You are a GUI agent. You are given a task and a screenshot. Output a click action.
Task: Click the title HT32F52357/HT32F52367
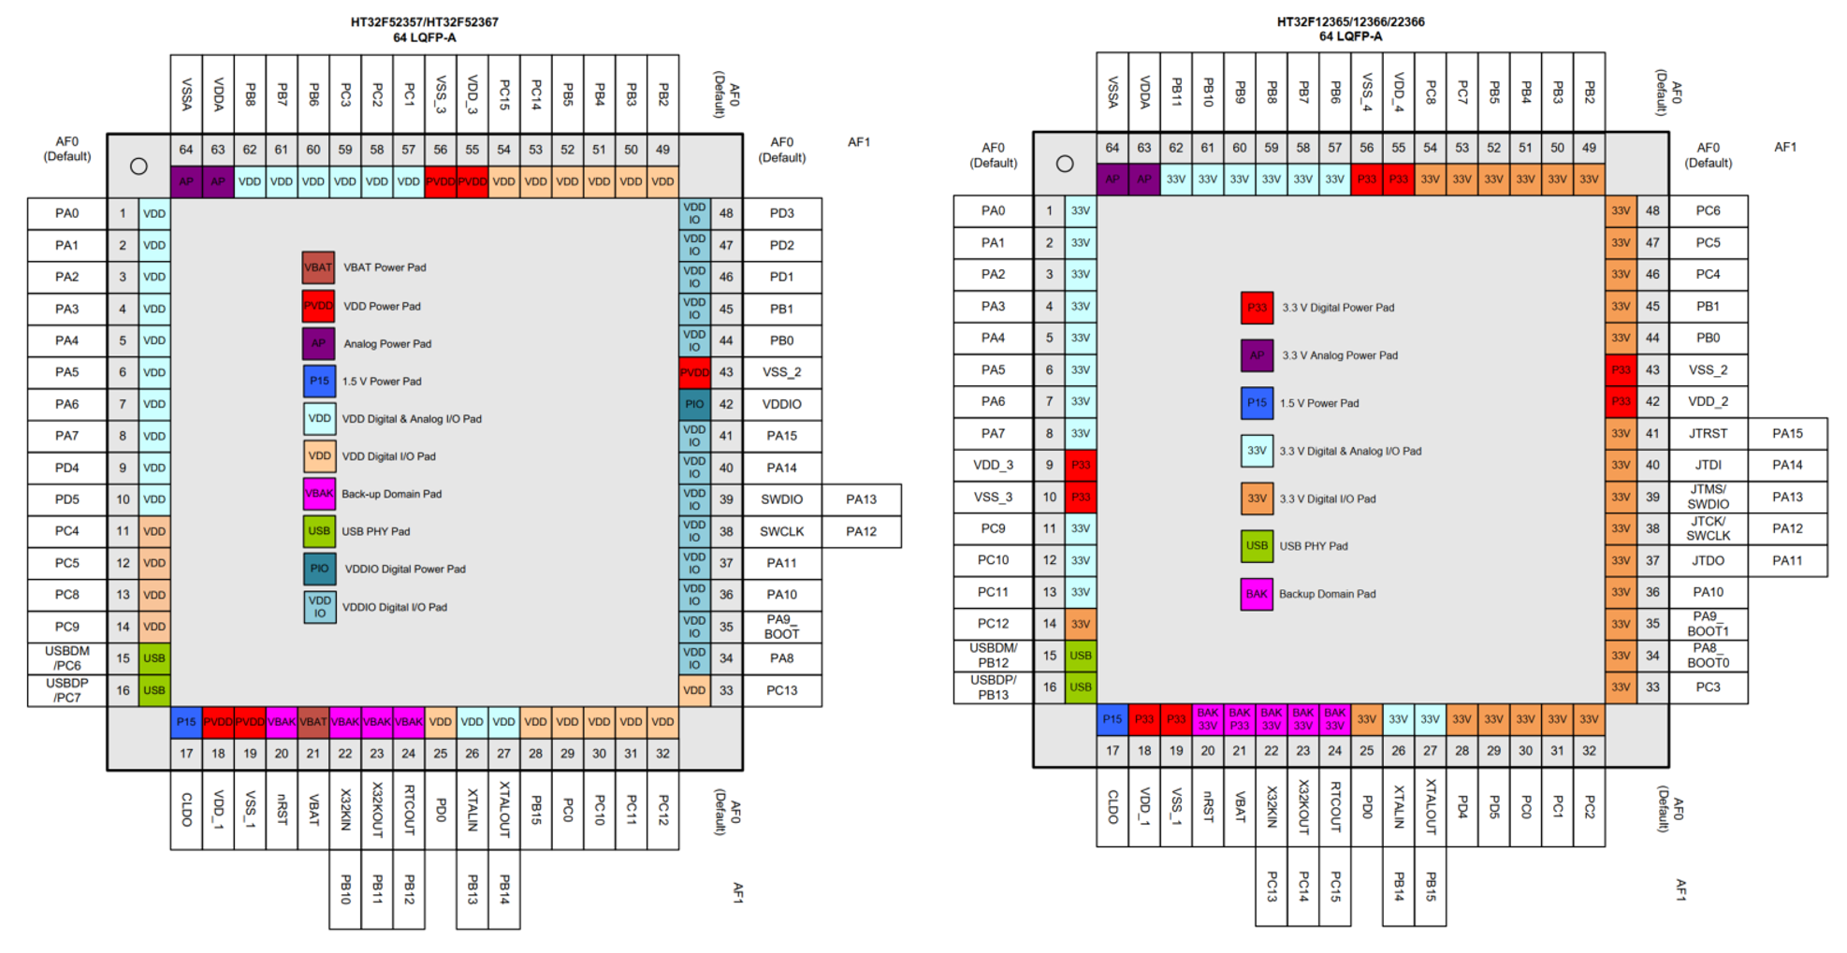click(x=424, y=22)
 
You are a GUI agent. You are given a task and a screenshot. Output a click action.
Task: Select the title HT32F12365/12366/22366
click(x=1350, y=22)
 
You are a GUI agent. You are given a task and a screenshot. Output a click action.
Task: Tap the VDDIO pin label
click(x=781, y=404)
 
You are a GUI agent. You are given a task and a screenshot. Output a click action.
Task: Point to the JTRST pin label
click(x=1708, y=433)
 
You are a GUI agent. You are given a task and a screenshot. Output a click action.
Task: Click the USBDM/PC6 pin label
click(x=67, y=658)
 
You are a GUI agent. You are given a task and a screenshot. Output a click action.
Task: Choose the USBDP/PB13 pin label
click(x=993, y=687)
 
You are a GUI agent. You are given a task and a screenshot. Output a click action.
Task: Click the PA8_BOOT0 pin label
click(x=1708, y=656)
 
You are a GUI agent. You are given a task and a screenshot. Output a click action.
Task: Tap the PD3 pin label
click(x=781, y=213)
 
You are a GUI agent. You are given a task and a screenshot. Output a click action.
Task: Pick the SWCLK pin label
click(x=781, y=531)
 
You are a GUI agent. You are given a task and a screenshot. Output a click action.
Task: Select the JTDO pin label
click(x=1708, y=560)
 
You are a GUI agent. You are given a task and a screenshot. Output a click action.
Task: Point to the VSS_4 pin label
click(x=1366, y=93)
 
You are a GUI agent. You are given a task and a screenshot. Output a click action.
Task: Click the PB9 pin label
click(x=1240, y=93)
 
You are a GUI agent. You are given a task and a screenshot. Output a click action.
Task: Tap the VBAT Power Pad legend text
click(x=385, y=267)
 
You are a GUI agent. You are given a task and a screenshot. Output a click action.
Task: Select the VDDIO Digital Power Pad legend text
click(x=405, y=569)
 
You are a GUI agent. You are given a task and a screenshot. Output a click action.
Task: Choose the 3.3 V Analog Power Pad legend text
click(x=1340, y=355)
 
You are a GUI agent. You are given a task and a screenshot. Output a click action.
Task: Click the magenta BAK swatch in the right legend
click(x=1257, y=594)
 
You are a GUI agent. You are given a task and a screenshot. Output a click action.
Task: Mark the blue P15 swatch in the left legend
click(x=319, y=382)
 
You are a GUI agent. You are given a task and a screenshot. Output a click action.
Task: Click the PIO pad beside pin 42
click(x=694, y=404)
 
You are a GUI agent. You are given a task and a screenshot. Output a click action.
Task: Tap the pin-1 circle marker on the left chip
click(x=138, y=166)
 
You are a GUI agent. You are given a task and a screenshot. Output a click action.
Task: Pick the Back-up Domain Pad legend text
click(x=391, y=494)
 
